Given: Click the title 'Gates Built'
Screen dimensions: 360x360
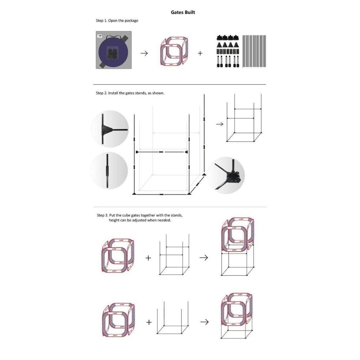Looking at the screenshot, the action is [183, 12].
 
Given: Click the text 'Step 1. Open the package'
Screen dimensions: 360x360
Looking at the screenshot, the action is [117, 21].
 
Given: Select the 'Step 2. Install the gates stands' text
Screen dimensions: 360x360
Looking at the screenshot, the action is [130, 93].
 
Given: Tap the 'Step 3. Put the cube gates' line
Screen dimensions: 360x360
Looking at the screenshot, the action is [140, 215].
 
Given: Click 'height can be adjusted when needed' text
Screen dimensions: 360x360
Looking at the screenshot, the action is [140, 220].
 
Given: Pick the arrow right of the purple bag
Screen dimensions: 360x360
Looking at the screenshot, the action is [144, 53].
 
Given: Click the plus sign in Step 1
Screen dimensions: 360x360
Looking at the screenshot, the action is [200, 53].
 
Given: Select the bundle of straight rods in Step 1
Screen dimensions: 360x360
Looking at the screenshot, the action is [254, 51].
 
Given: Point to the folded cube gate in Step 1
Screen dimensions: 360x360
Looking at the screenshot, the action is [174, 51].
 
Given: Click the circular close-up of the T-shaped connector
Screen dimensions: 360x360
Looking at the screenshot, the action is [110, 129].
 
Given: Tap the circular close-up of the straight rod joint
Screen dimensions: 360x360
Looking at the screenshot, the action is [109, 171].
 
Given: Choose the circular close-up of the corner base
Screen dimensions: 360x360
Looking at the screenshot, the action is [226, 175].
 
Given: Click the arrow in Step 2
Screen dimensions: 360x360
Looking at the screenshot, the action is [220, 124].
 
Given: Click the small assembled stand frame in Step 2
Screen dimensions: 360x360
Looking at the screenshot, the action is [244, 118].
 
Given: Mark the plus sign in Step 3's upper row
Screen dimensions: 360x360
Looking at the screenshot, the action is [148, 258].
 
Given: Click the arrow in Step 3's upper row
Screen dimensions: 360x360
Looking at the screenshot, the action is [204, 258].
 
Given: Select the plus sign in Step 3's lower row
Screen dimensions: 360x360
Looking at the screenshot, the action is [149, 322].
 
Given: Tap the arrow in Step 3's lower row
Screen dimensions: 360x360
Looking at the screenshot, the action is [204, 322].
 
